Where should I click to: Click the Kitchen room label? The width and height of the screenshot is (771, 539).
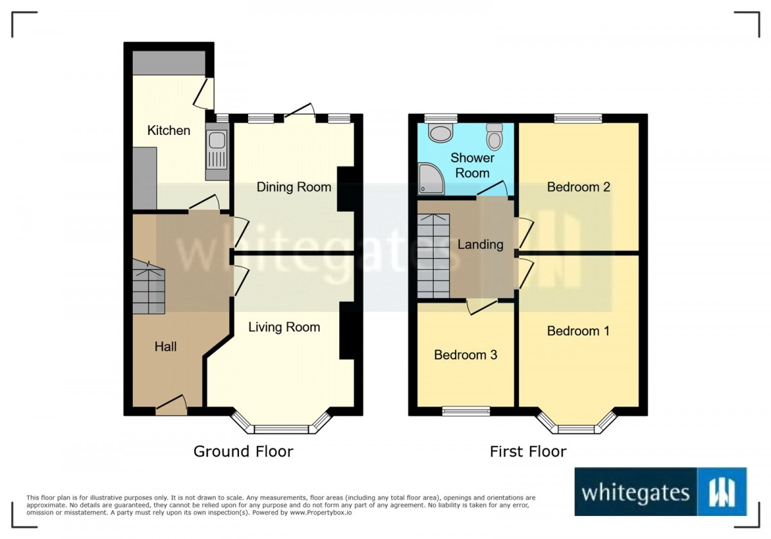[168, 130]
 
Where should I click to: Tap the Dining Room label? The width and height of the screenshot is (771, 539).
[294, 187]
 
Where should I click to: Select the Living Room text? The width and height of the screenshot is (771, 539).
[284, 327]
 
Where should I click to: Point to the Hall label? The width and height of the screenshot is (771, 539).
[166, 346]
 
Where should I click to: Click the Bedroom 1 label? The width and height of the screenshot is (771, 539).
[578, 331]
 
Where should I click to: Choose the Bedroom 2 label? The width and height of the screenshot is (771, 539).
[578, 187]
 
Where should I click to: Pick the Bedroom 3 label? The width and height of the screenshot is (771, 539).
[466, 355]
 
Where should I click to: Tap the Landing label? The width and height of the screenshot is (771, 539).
[480, 244]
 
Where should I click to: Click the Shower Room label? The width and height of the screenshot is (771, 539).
[472, 165]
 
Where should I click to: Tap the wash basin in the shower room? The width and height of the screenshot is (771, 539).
[441, 133]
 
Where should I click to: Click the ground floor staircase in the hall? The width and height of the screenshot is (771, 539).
[148, 288]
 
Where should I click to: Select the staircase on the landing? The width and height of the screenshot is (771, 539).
[433, 256]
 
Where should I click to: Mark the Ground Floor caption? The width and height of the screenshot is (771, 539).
[243, 452]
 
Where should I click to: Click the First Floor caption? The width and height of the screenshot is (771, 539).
[528, 452]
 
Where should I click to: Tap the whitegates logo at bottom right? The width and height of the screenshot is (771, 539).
[660, 491]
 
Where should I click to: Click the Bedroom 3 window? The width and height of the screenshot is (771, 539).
[466, 411]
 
